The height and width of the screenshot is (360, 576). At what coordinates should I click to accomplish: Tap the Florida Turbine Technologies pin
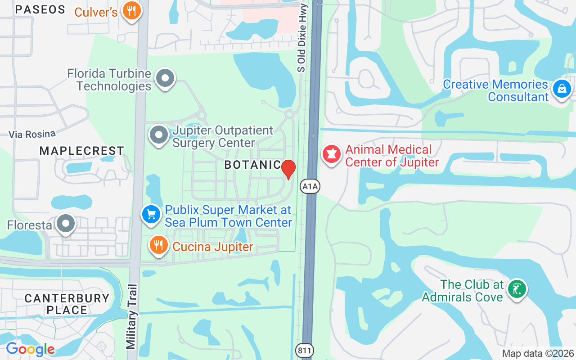pos(165,79)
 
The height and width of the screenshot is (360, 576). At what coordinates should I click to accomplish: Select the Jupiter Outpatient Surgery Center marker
pos(158,135)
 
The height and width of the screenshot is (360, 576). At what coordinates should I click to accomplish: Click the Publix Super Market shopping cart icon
pos(151,215)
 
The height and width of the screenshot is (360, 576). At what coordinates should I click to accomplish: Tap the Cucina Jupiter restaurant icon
pos(158,245)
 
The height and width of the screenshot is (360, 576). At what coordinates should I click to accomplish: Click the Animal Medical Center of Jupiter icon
pos(332,154)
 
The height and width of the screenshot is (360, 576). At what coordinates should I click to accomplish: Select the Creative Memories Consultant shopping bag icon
pos(562,89)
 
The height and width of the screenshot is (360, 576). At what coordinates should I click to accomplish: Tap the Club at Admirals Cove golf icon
pos(517,288)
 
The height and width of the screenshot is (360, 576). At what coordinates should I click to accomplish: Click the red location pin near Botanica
pos(288,169)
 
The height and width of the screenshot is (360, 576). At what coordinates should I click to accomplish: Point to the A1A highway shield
pos(310,186)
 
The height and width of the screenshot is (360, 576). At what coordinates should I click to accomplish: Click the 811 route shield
pos(305,350)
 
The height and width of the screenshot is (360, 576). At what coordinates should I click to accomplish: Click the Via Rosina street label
pos(32,134)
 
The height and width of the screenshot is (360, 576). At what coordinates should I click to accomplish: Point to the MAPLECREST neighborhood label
pos(81,151)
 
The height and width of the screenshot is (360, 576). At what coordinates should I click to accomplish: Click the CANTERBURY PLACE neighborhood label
pos(67,304)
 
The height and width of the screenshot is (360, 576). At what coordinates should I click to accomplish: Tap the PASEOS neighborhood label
pos(40,9)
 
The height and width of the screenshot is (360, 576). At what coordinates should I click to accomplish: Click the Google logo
pos(30,349)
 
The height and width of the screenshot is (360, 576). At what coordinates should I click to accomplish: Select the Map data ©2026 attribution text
pos(538,354)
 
